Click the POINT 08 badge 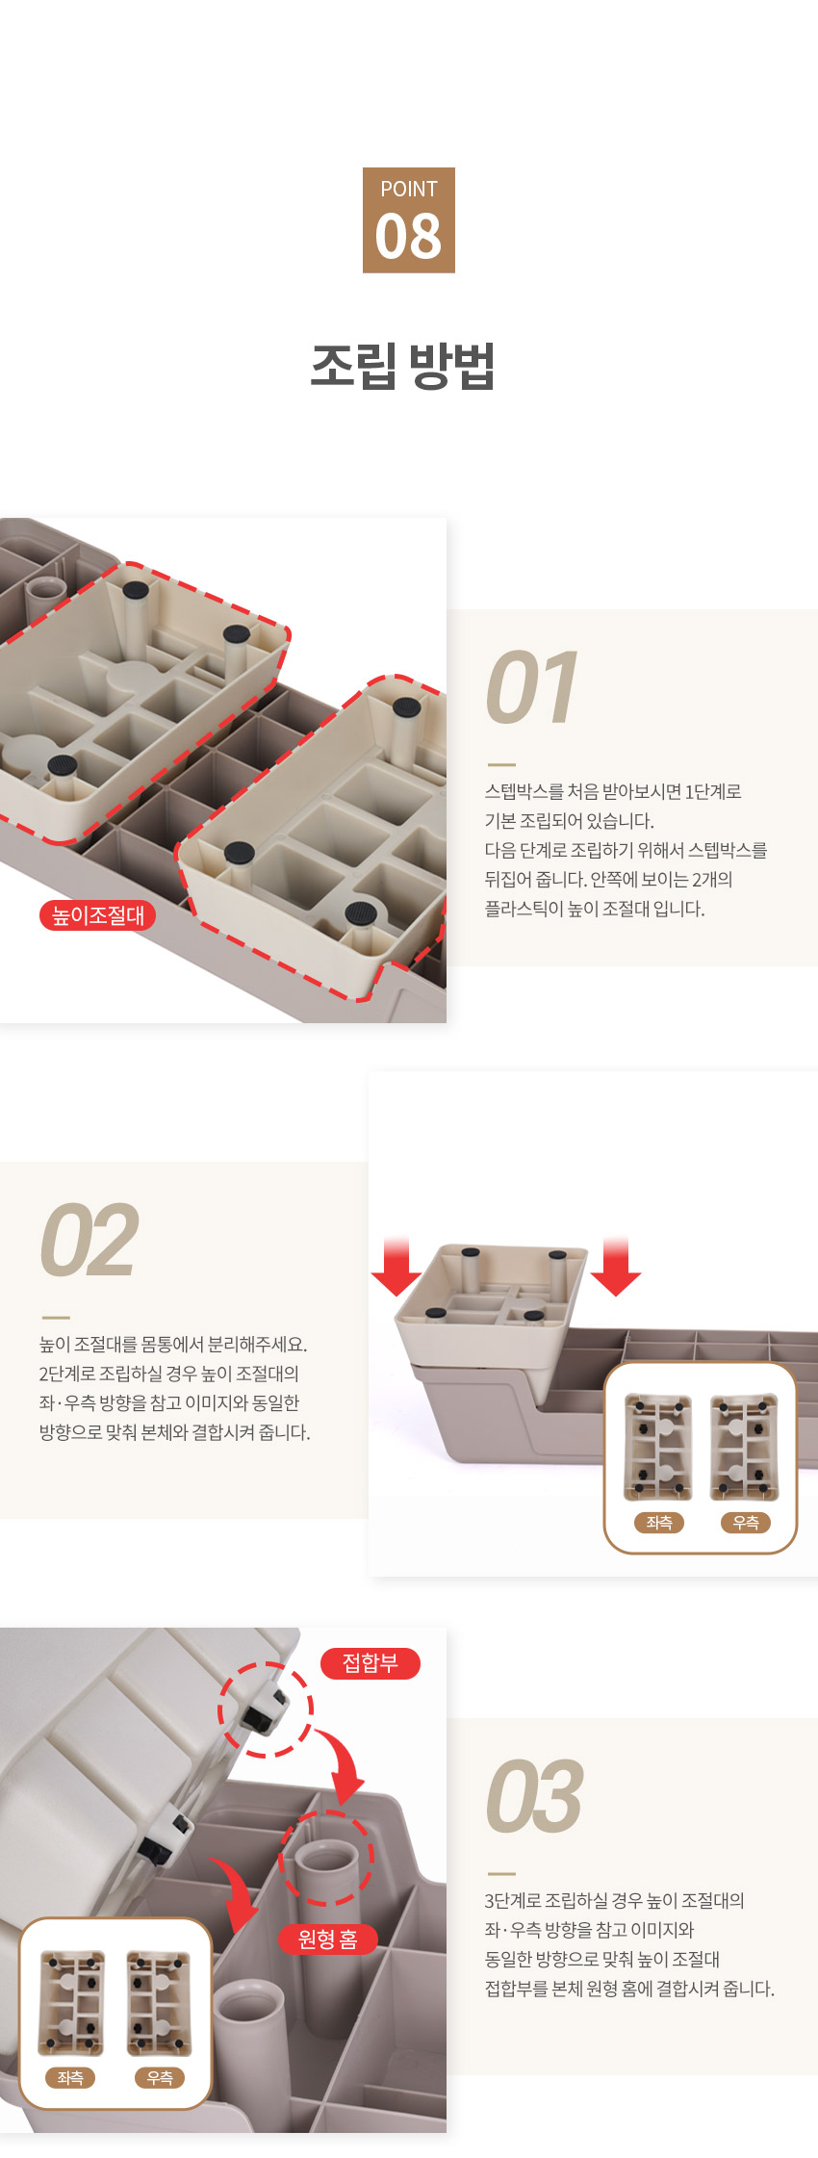pos(409,220)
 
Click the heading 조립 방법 pos(403,366)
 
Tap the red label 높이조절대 pos(97,915)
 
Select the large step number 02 pos(89,1242)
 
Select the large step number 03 pos(534,1797)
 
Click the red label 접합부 pos(371,1663)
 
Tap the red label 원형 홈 pos(328,1939)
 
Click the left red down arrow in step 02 pos(396,1267)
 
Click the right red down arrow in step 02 pos(616,1267)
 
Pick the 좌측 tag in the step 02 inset pos(659,1523)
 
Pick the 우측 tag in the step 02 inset pos(746,1523)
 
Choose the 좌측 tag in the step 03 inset pos(70,2078)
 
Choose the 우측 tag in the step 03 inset pos(160,2078)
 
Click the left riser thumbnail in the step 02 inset pos(658,1447)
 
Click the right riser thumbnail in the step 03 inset pos(159,2003)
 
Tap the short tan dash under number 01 pos(501,764)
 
